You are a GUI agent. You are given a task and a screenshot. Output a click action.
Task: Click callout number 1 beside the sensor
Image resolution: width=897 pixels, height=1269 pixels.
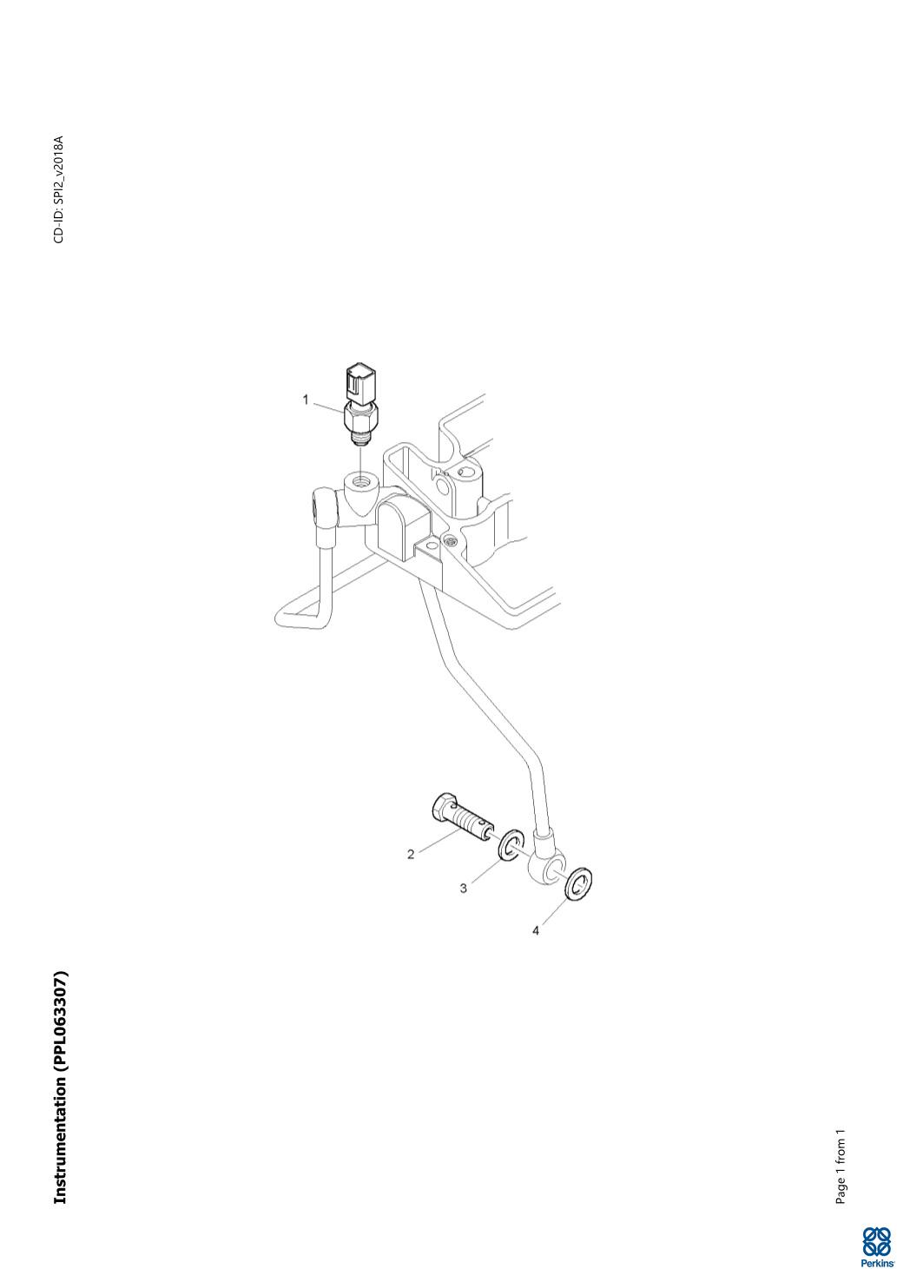click(x=306, y=400)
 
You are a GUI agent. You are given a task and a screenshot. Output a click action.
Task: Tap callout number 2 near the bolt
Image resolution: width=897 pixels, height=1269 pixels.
click(x=411, y=854)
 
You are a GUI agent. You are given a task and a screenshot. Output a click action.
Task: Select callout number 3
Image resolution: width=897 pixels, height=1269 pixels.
click(x=464, y=888)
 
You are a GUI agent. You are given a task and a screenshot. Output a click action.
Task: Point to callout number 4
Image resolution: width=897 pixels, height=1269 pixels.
click(x=536, y=930)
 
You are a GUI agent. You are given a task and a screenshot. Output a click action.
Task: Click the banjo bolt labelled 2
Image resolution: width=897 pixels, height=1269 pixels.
click(x=461, y=820)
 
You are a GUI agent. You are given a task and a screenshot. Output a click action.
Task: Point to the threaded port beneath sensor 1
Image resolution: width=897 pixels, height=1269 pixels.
click(x=359, y=479)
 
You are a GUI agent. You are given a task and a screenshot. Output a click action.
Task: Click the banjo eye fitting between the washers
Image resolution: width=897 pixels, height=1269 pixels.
click(x=544, y=867)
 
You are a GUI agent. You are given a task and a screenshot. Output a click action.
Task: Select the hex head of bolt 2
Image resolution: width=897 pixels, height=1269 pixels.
click(x=440, y=809)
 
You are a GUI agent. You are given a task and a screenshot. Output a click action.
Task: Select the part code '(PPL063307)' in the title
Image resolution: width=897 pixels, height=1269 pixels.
click(x=60, y=1021)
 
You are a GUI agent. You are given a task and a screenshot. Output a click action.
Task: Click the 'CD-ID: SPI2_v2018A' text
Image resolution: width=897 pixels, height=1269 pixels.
click(x=59, y=189)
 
